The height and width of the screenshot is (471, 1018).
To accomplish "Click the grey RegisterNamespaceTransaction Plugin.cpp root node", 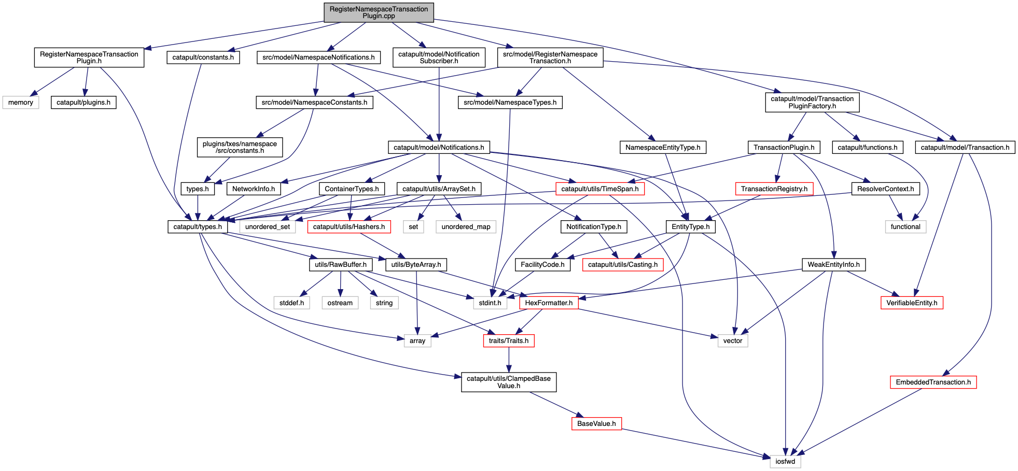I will pyautogui.click(x=379, y=12).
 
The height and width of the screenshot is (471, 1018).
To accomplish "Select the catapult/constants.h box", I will pyautogui.click(x=203, y=58).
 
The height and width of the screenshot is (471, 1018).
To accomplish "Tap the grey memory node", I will pyautogui.click(x=21, y=103).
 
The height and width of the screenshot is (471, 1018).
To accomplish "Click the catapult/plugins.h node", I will pyautogui.click(x=83, y=103).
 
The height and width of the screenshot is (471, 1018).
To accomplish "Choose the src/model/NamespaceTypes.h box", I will pyautogui.click(x=510, y=103).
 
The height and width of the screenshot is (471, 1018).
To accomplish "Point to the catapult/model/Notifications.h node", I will pyautogui.click(x=439, y=148).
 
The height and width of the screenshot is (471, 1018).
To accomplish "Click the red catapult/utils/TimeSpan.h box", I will pyautogui.click(x=599, y=189).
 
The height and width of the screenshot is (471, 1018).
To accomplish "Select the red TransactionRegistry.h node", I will pyautogui.click(x=774, y=189).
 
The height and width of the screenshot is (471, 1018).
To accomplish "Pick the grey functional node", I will pyautogui.click(x=905, y=227).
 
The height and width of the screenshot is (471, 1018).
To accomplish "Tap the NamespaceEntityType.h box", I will pyautogui.click(x=663, y=148).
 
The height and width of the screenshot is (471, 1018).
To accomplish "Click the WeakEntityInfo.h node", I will pyautogui.click(x=833, y=265).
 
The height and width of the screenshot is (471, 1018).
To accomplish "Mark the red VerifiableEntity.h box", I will pyautogui.click(x=912, y=303).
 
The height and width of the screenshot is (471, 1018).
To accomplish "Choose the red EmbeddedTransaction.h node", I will pyautogui.click(x=933, y=382).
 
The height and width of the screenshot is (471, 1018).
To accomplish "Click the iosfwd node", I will pyautogui.click(x=785, y=462).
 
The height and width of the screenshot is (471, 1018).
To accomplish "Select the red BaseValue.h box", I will pyautogui.click(x=596, y=424).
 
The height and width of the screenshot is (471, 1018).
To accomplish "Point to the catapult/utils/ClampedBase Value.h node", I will pyautogui.click(x=509, y=382).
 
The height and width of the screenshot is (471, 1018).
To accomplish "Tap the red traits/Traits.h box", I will pyautogui.click(x=508, y=341).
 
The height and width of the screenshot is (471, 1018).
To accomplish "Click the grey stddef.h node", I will pyautogui.click(x=291, y=303).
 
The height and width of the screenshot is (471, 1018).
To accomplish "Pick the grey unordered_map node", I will pyautogui.click(x=466, y=227).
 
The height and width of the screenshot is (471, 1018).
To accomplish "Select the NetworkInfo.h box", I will pyautogui.click(x=254, y=189).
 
